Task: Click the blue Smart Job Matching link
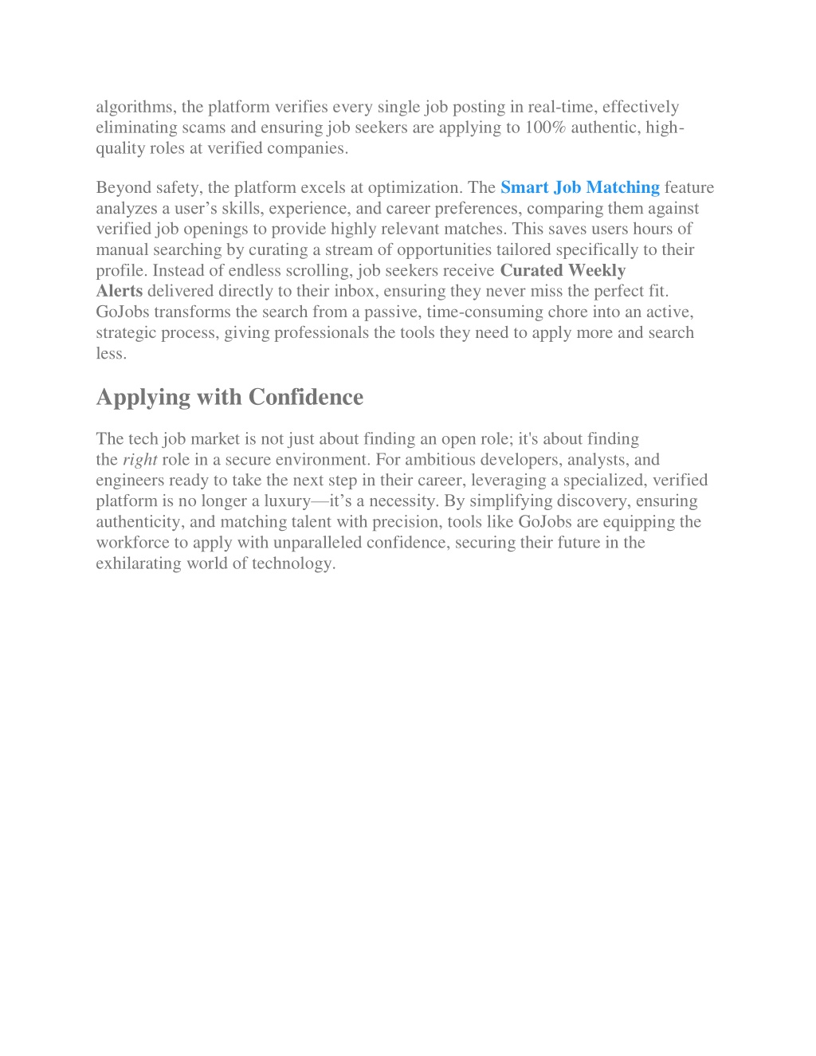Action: tap(579, 187)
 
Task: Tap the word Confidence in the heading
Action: tap(306, 397)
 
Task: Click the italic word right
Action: tap(139, 460)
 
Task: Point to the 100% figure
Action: tap(545, 128)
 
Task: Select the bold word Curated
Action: tap(531, 270)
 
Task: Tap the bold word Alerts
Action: tap(120, 291)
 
